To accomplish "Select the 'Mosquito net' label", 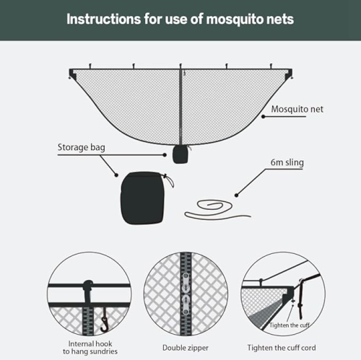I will click(297, 110).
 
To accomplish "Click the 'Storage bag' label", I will click(82, 148).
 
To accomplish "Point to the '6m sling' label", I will click(287, 163).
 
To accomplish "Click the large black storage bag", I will click(143, 197).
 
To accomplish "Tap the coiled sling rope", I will click(217, 211).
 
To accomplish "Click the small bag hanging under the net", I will click(180, 154).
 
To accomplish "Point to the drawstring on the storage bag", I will click(170, 185).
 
